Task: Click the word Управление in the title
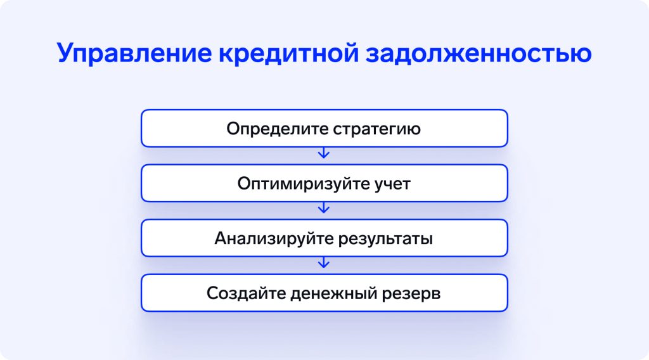coord(134,54)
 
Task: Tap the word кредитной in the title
coord(288,54)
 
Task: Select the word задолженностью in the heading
coord(479,54)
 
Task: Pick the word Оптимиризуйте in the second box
coord(304,184)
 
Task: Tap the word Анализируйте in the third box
coord(274,239)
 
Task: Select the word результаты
coord(385,239)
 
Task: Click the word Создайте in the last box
coord(246,293)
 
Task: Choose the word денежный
coord(333,293)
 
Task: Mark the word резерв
coord(411,294)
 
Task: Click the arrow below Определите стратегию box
coord(324,153)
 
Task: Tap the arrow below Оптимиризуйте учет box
coord(324,208)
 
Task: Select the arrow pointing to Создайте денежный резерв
coord(324,262)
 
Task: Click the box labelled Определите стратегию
coord(324,128)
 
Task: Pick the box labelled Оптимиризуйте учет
coord(324,183)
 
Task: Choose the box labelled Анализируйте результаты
coord(324,238)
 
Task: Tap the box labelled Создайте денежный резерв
coord(324,293)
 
